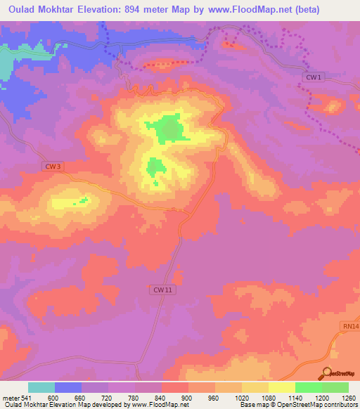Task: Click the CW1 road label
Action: click(x=315, y=77)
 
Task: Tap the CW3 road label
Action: click(x=53, y=166)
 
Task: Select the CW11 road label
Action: click(x=162, y=289)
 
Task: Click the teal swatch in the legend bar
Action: click(x=41, y=387)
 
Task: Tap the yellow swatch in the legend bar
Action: click(x=282, y=387)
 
